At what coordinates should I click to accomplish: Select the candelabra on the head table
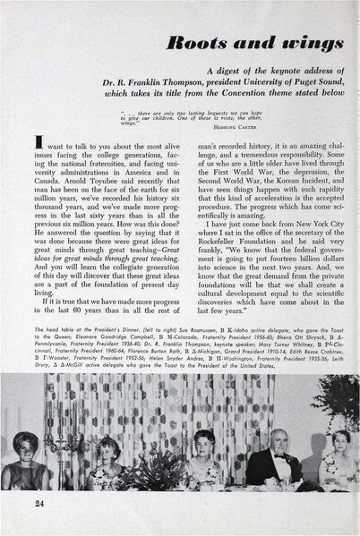[x=54, y=447]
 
